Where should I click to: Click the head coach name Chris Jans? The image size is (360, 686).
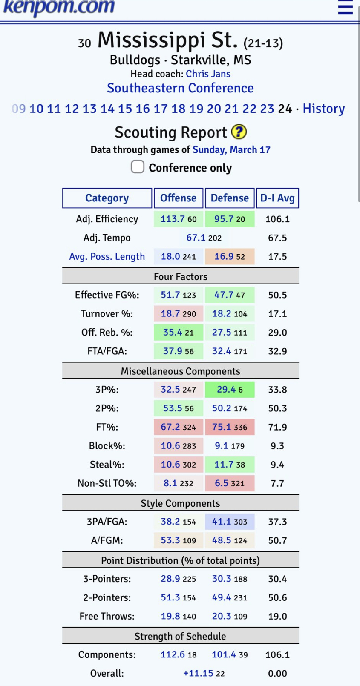pyautogui.click(x=208, y=74)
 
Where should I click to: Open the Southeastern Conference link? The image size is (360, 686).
pyautogui.click(x=180, y=88)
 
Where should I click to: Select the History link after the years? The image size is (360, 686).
pyautogui.click(x=323, y=109)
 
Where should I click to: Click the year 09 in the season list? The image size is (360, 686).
pyautogui.click(x=18, y=109)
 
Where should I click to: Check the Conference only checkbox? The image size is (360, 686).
pyautogui.click(x=138, y=167)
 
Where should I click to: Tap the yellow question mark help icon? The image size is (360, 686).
pyautogui.click(x=239, y=132)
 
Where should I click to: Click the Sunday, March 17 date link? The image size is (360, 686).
pyautogui.click(x=231, y=150)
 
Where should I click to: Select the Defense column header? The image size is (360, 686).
pyautogui.click(x=230, y=198)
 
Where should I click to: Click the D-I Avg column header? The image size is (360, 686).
pyautogui.click(x=277, y=198)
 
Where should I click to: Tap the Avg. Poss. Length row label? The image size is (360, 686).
pyautogui.click(x=107, y=257)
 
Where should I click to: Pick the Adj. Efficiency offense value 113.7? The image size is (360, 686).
pyautogui.click(x=172, y=219)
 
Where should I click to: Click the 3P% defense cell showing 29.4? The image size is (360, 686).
pyautogui.click(x=226, y=390)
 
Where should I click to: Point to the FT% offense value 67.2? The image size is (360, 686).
pyautogui.click(x=170, y=427)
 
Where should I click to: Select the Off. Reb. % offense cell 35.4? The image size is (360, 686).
pyautogui.click(x=172, y=333)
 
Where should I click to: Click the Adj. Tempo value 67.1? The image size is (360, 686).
pyautogui.click(x=196, y=238)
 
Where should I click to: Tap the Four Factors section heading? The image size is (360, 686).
pyautogui.click(x=180, y=277)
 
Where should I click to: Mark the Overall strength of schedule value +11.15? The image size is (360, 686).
pyautogui.click(x=198, y=673)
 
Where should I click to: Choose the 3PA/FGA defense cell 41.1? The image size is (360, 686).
pyautogui.click(x=221, y=522)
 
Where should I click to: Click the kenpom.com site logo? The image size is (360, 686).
pyautogui.click(x=59, y=7)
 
